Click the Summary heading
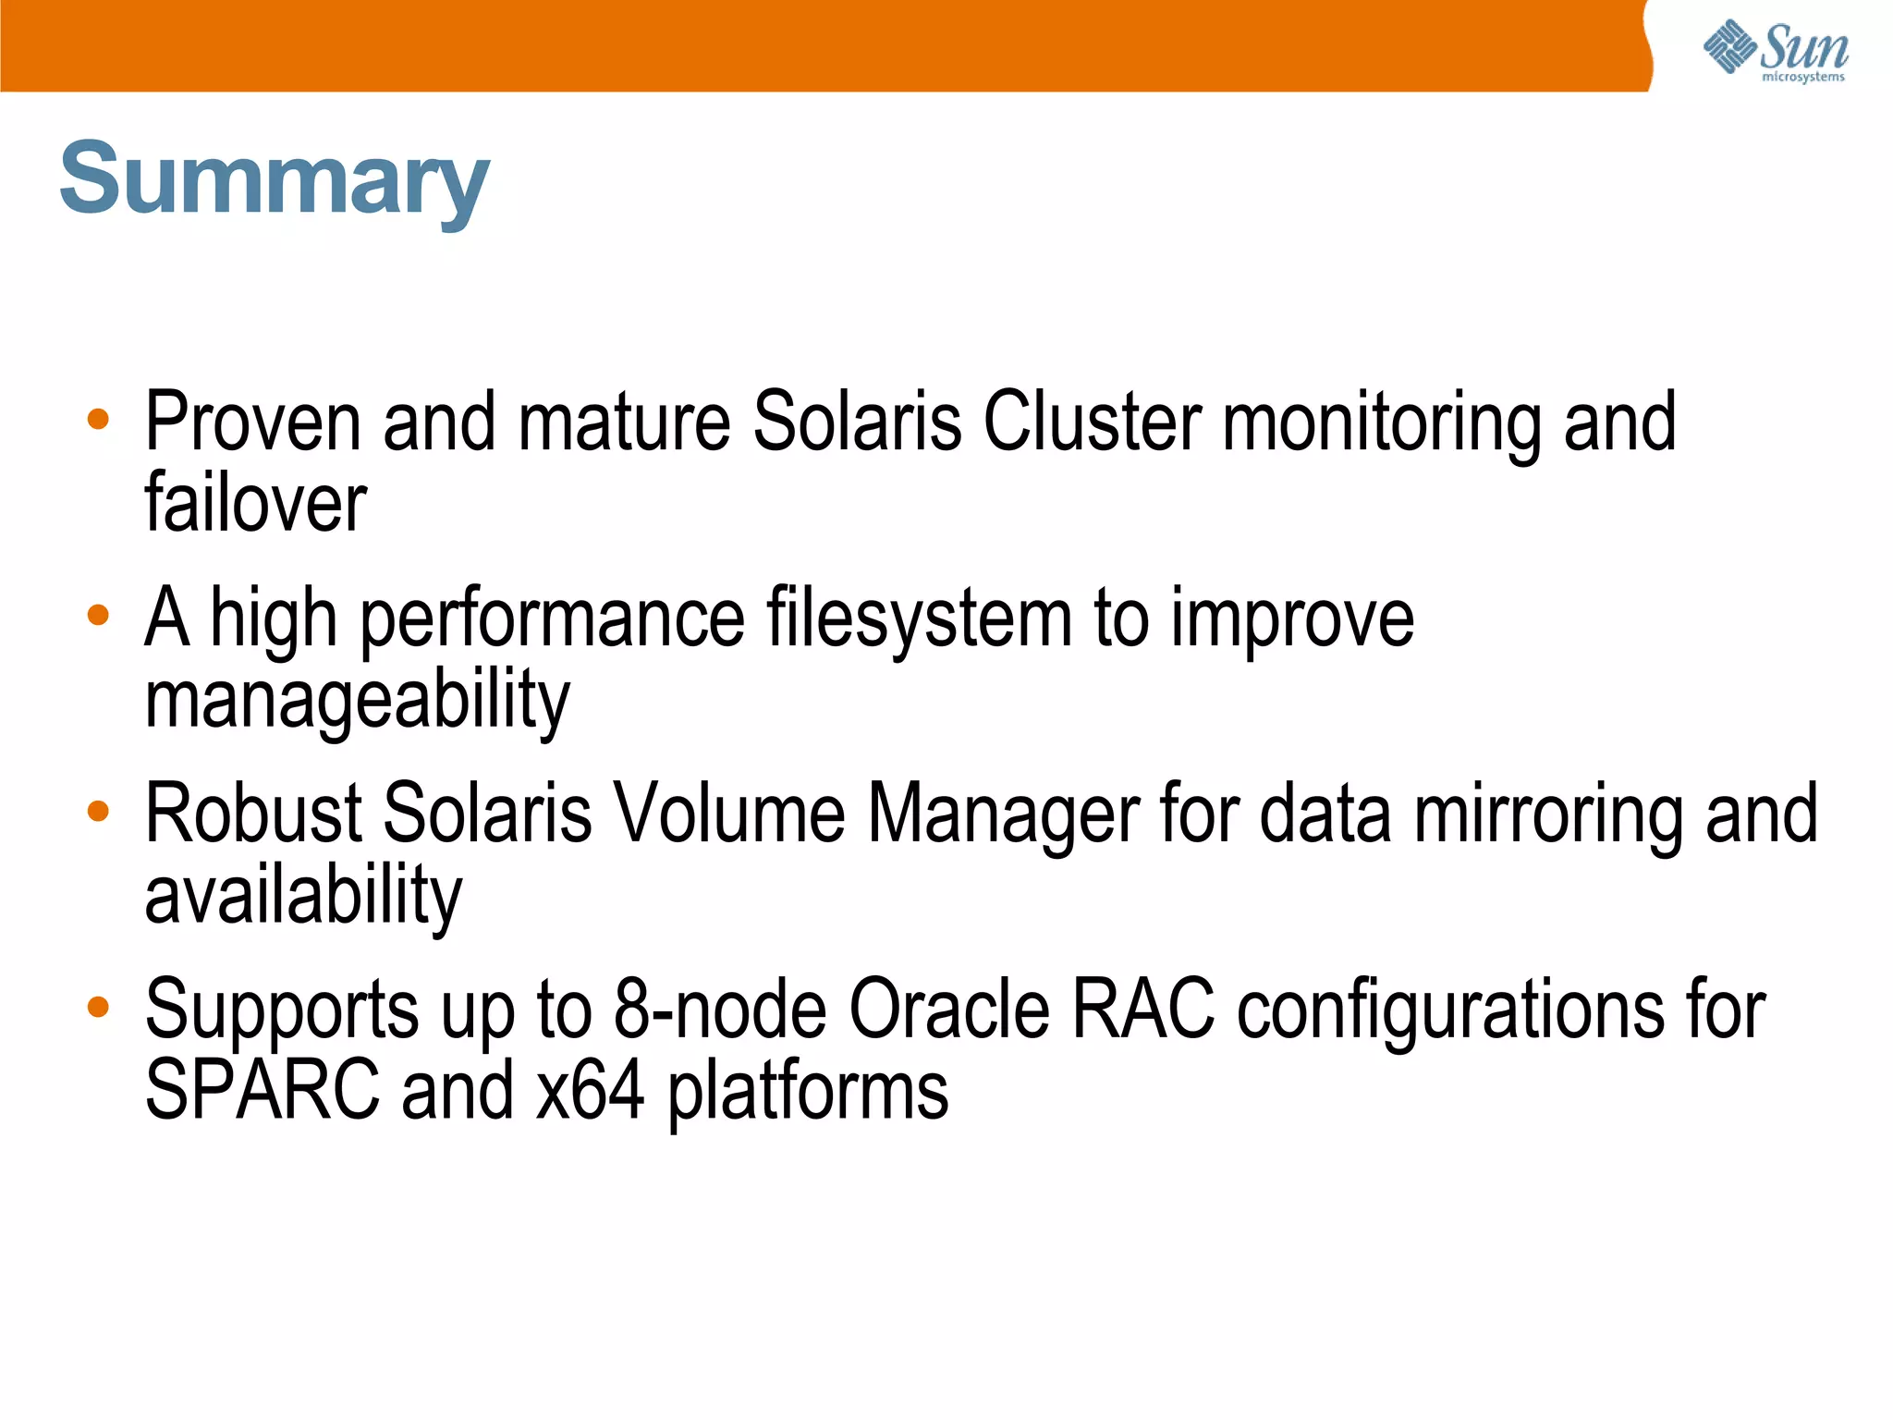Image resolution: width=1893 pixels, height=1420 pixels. pyautogui.click(x=275, y=180)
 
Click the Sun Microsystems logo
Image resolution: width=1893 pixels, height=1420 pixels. pyautogui.click(x=1775, y=51)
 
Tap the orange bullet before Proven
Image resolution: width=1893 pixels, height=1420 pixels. pyautogui.click(x=98, y=421)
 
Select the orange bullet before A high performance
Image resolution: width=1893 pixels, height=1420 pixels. pyautogui.click(x=98, y=616)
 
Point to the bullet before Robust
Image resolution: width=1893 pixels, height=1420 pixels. pyautogui.click(x=98, y=812)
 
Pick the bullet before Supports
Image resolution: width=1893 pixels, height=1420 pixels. pyautogui.click(x=98, y=1007)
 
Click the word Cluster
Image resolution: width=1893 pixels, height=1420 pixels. pyautogui.click(x=1092, y=422)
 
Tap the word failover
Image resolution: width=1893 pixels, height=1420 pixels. pyautogui.click(x=256, y=504)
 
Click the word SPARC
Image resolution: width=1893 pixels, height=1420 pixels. pyautogui.click(x=263, y=1091)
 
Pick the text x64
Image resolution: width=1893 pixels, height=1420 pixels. pyautogui.click(x=590, y=1091)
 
